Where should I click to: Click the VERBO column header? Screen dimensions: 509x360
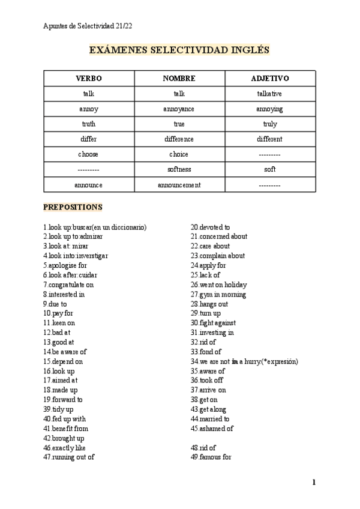coord(89,79)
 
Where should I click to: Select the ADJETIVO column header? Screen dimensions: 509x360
coord(270,79)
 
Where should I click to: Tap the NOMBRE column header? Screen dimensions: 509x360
coord(179,79)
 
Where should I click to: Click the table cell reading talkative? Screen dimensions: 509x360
coord(270,94)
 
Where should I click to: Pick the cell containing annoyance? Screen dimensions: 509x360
coord(179,109)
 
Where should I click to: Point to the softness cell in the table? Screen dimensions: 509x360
coord(179,169)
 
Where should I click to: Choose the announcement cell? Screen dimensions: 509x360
coord(179,185)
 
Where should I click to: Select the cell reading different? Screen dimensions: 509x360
coord(270,139)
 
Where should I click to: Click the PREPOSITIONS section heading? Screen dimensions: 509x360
coord(73,207)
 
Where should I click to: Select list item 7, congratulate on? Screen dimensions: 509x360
coord(68,285)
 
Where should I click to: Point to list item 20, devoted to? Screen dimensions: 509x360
coord(211,227)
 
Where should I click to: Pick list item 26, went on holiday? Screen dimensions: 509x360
coord(219,285)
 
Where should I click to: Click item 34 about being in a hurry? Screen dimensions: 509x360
coord(244,361)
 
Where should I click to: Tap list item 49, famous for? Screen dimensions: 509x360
coord(212,457)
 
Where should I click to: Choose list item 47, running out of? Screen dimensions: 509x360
coord(69,457)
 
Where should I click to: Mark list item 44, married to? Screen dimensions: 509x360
coord(210,418)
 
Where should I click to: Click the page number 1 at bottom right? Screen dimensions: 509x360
coord(314,482)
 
